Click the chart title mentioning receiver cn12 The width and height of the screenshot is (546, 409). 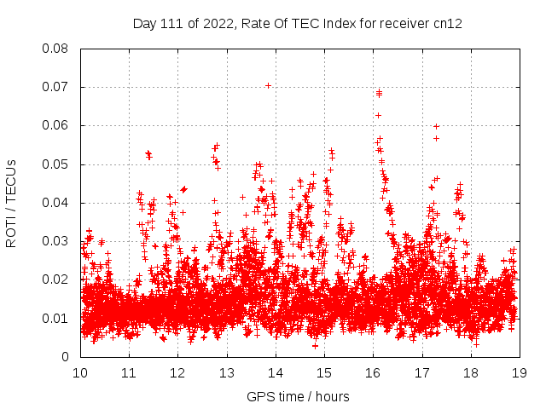tap(297, 23)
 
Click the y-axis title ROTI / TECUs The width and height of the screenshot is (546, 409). tap(11, 203)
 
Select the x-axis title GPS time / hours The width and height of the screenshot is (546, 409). tap(298, 396)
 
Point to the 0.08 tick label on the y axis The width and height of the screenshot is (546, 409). tap(56, 49)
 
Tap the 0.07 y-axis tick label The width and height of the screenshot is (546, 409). tap(56, 87)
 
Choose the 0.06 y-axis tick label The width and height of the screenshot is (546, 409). tap(56, 125)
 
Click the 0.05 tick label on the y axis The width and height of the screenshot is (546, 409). tap(56, 164)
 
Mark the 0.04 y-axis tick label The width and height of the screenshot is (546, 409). tap(56, 203)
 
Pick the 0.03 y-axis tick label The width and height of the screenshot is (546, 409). tap(56, 241)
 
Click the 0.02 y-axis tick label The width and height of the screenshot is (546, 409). tap(56, 279)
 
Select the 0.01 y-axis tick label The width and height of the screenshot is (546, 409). tap(56, 318)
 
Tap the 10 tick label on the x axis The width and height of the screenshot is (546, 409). tap(80, 372)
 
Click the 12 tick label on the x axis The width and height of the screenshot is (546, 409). tap(177, 372)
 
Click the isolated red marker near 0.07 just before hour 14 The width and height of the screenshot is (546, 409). tap(268, 85)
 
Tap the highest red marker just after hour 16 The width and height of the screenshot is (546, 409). tap(379, 91)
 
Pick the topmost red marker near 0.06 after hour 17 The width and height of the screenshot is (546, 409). tap(436, 127)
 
